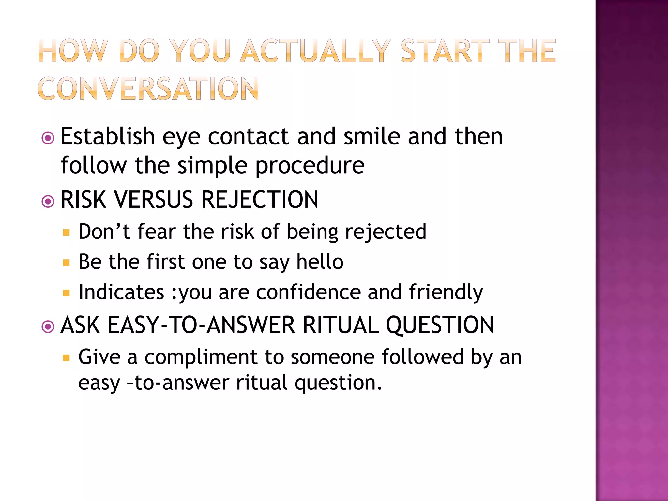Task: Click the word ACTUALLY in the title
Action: pyautogui.click(x=315, y=51)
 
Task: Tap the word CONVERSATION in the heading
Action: pyautogui.click(x=148, y=89)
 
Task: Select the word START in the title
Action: pyautogui.click(x=445, y=51)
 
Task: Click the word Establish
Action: pyautogui.click(x=108, y=136)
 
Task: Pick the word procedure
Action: pyautogui.click(x=310, y=166)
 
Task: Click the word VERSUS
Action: pyautogui.click(x=153, y=200)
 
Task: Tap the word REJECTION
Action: pyautogui.click(x=260, y=200)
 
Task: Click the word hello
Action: pyautogui.click(x=320, y=262)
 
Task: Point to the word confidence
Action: pyautogui.click(x=308, y=292)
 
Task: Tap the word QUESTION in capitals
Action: pyautogui.click(x=440, y=325)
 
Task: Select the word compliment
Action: pyautogui.click(x=201, y=357)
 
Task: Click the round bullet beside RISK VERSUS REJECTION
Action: pyautogui.click(x=48, y=201)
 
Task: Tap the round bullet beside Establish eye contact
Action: pyautogui.click(x=48, y=138)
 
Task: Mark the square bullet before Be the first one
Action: pyautogui.click(x=66, y=263)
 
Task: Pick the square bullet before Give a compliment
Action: pyautogui.click(x=66, y=358)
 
